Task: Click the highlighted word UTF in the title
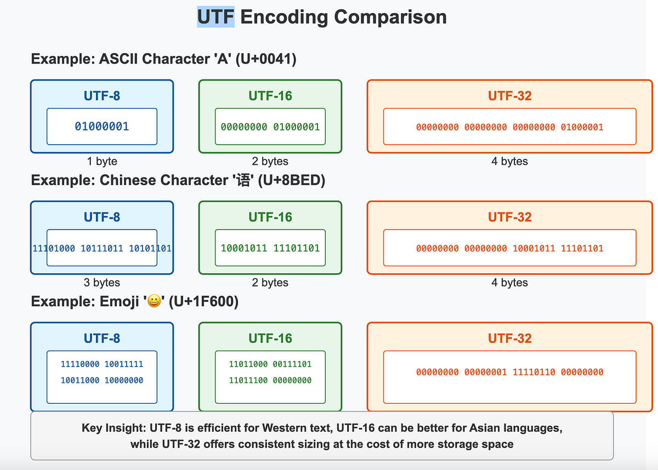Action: point(215,17)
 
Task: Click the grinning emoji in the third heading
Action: point(154,301)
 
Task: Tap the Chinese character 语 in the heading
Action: point(243,180)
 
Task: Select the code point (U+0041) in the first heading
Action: point(266,59)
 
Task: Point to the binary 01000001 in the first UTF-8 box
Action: point(102,127)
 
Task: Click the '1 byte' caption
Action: point(102,161)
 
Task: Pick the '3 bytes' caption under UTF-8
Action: point(102,282)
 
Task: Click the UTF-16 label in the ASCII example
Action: point(270,96)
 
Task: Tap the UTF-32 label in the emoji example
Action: point(509,339)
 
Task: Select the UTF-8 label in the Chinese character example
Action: point(102,217)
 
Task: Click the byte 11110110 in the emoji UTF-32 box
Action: point(534,372)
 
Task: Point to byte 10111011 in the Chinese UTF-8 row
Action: point(102,248)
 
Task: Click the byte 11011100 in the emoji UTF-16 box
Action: point(248,380)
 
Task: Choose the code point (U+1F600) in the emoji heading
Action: point(203,301)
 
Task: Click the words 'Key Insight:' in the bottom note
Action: point(114,428)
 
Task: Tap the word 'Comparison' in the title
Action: point(390,18)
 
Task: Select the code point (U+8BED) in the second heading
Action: point(291,180)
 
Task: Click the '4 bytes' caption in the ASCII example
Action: point(509,161)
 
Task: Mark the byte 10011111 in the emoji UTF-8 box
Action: point(124,364)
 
